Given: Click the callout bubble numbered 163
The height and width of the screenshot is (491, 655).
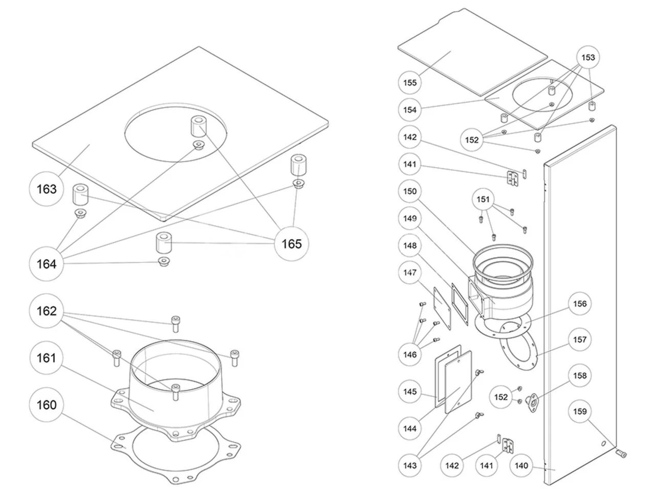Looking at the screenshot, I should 47,189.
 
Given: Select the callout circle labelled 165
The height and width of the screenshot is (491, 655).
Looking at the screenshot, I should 292,244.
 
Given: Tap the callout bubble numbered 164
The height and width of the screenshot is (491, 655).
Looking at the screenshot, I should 47,264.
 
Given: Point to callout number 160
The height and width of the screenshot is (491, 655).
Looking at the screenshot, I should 47,406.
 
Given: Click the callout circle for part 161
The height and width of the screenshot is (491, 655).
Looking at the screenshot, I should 47,358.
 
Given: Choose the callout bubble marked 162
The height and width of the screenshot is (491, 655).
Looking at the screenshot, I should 47,311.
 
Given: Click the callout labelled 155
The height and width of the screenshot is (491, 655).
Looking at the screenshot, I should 410,82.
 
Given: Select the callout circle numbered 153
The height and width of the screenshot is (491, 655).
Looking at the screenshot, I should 588,58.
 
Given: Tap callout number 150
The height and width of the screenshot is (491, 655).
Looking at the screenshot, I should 410,191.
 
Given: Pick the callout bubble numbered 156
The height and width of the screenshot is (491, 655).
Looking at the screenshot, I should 580,304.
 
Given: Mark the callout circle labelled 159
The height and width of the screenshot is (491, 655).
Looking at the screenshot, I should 580,411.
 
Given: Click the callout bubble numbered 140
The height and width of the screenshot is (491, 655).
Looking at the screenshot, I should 521,465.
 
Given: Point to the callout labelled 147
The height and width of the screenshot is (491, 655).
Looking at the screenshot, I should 410,273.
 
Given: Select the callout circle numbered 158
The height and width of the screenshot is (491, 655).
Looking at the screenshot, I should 580,375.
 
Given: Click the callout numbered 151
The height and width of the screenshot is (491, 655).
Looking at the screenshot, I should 484,199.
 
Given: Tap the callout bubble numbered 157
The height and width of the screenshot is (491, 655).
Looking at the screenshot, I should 580,340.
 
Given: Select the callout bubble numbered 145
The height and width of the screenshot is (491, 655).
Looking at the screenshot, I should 410,392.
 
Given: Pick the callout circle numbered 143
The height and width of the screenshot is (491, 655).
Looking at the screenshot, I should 410,465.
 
